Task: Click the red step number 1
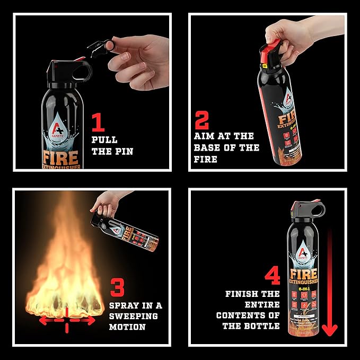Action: click(98, 122)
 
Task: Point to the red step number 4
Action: click(273, 276)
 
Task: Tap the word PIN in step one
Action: click(123, 152)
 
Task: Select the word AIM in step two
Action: click(205, 136)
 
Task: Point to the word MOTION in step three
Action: click(127, 327)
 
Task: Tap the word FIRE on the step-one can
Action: click(62, 157)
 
